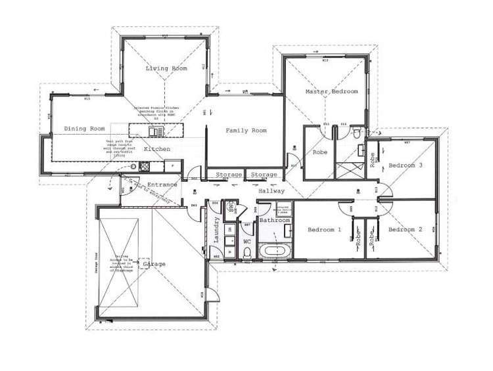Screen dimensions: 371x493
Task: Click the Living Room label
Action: pos(166,68)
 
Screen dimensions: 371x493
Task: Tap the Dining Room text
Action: pos(84,129)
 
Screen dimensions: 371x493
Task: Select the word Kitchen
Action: pos(157,150)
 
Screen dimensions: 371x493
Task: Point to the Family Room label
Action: pos(246,131)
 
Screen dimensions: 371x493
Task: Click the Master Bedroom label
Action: pos(331,92)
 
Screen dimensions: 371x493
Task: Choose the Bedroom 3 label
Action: pos(405,165)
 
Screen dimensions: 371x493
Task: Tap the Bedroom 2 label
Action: pos(405,230)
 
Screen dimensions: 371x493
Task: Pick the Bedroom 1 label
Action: pos(325,230)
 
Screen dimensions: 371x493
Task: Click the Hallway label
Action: pos(271,191)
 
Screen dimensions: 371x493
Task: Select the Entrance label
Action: pos(162,185)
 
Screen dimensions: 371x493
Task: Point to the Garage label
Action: pos(154,264)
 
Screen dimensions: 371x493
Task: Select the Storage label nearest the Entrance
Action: pos(229,175)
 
